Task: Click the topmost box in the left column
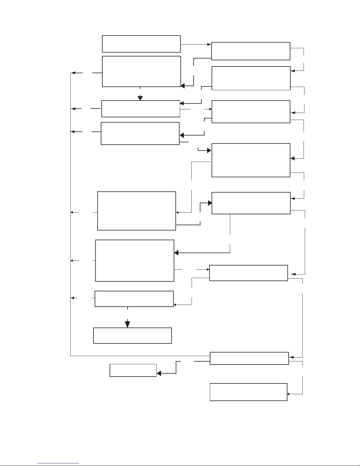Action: coord(141,44)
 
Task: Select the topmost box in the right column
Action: coord(251,51)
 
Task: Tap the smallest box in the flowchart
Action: coord(133,370)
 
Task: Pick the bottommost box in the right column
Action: coord(248,392)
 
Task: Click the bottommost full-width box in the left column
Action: coord(132,335)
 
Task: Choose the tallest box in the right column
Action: coord(251,160)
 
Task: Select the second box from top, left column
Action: coord(141,71)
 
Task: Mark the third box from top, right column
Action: coord(251,112)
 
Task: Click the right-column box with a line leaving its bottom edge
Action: coord(251,203)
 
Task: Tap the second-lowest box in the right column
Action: coord(249,358)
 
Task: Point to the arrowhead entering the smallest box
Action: coord(159,373)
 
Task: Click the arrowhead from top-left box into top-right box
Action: coord(210,44)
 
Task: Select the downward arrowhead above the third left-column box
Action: coord(140,98)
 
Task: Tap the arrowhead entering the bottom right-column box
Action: coord(289,394)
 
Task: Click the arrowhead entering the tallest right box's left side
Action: coord(209,151)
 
